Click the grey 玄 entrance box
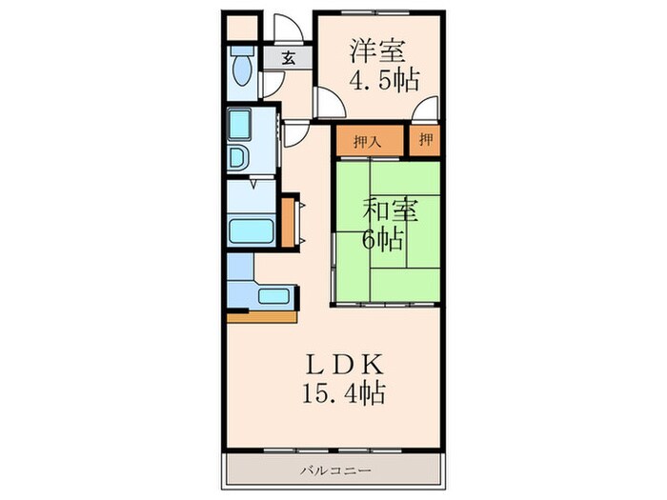(287, 57)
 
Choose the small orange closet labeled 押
(426, 142)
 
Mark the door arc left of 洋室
(326, 103)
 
